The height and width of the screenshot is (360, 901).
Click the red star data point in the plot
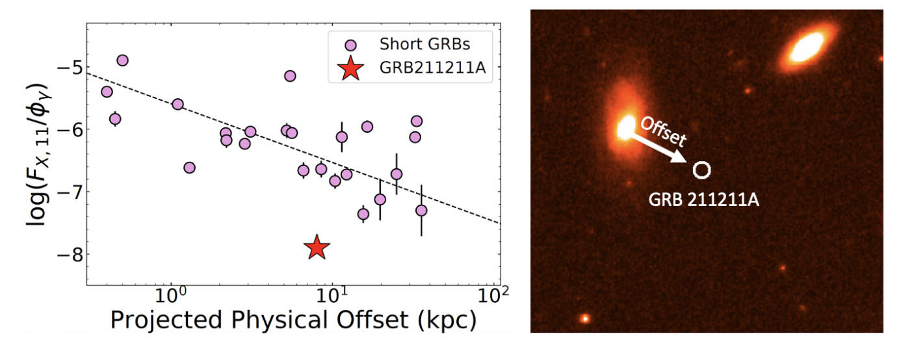pyautogui.click(x=317, y=247)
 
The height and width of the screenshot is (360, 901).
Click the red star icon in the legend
pyautogui.click(x=350, y=69)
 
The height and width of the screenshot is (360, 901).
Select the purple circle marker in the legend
pyautogui.click(x=350, y=45)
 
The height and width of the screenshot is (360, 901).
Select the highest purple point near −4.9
pyautogui.click(x=122, y=60)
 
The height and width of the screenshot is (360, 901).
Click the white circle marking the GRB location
pyautogui.click(x=701, y=170)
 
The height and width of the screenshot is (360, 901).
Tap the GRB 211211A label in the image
pyautogui.click(x=704, y=200)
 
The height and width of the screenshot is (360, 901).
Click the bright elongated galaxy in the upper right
pyautogui.click(x=806, y=47)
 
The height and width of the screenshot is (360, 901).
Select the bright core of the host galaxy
pyautogui.click(x=626, y=126)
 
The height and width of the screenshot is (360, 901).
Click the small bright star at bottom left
pyautogui.click(x=585, y=318)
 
